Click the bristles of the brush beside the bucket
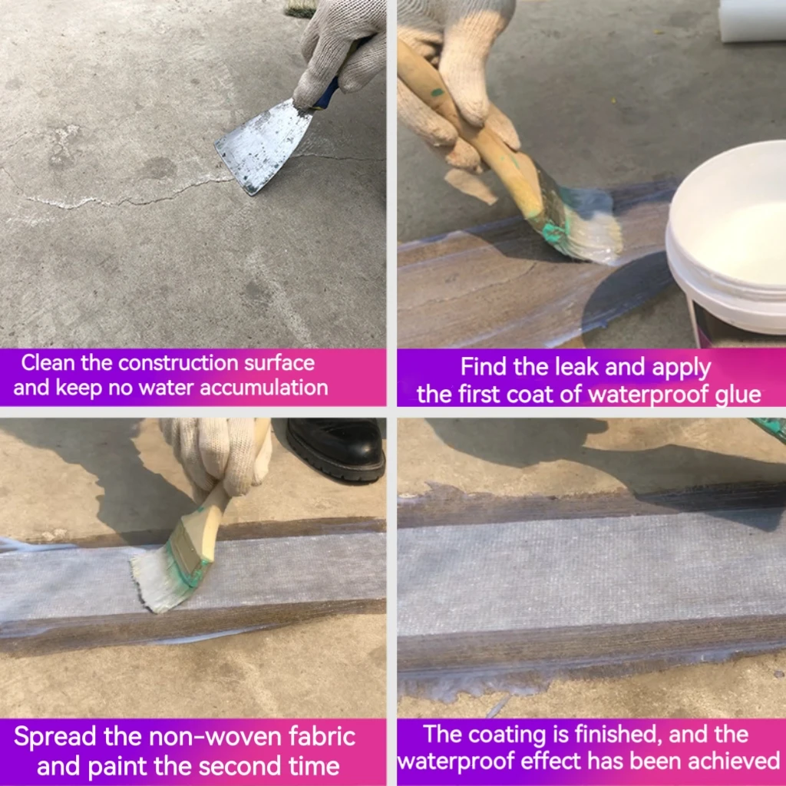coord(591,226)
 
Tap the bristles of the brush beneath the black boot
coord(161,580)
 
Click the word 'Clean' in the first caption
coord(49,363)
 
